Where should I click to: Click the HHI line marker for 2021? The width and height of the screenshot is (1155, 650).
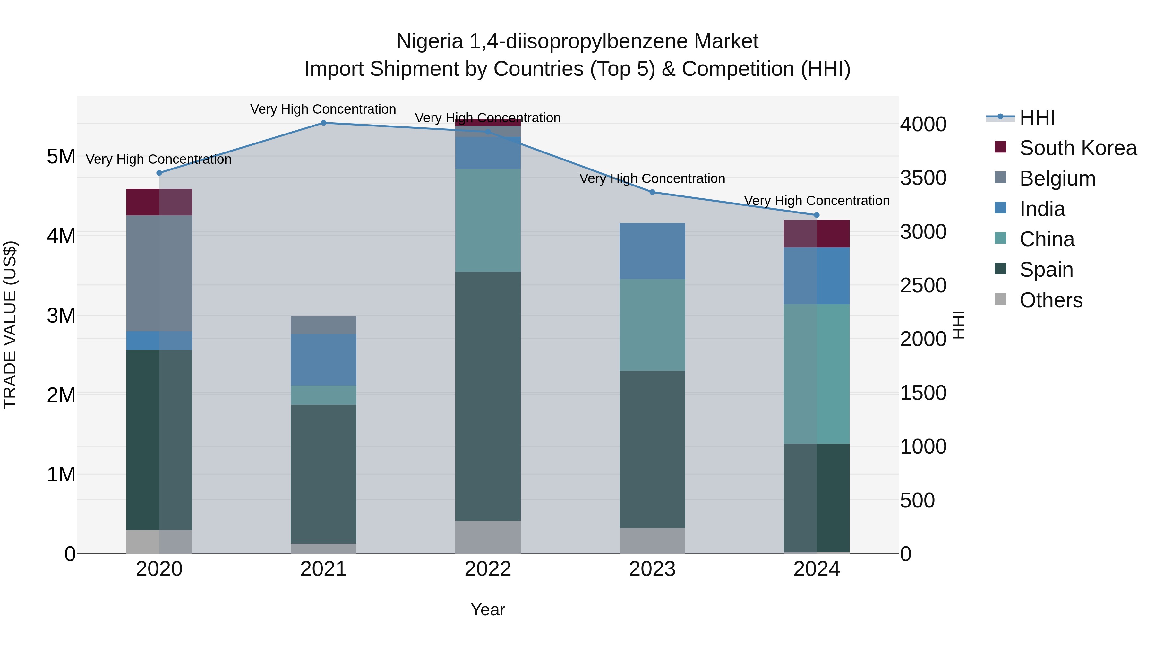tap(323, 123)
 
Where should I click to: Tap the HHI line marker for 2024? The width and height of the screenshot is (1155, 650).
tap(817, 215)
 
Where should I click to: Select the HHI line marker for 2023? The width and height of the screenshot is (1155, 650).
tap(652, 192)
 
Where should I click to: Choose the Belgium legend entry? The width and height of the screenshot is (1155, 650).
tap(1057, 178)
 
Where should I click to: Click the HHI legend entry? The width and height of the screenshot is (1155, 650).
tap(1037, 117)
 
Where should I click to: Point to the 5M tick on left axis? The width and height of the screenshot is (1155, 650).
tap(61, 157)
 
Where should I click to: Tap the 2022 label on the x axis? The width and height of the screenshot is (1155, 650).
tap(488, 569)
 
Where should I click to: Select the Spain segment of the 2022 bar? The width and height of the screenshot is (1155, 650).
tap(488, 396)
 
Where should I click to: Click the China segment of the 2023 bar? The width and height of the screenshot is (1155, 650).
tap(652, 325)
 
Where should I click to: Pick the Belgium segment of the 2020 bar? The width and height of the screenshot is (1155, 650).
tap(159, 273)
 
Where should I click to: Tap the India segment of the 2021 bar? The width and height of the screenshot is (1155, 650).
tap(323, 359)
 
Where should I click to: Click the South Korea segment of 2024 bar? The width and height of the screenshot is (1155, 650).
tap(817, 233)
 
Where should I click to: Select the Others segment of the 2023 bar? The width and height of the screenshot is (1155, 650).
tap(652, 540)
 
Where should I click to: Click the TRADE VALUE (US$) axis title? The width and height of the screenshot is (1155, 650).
tap(10, 325)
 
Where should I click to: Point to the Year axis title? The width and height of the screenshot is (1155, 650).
tap(488, 610)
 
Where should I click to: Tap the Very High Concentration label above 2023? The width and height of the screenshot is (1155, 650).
tap(652, 178)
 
